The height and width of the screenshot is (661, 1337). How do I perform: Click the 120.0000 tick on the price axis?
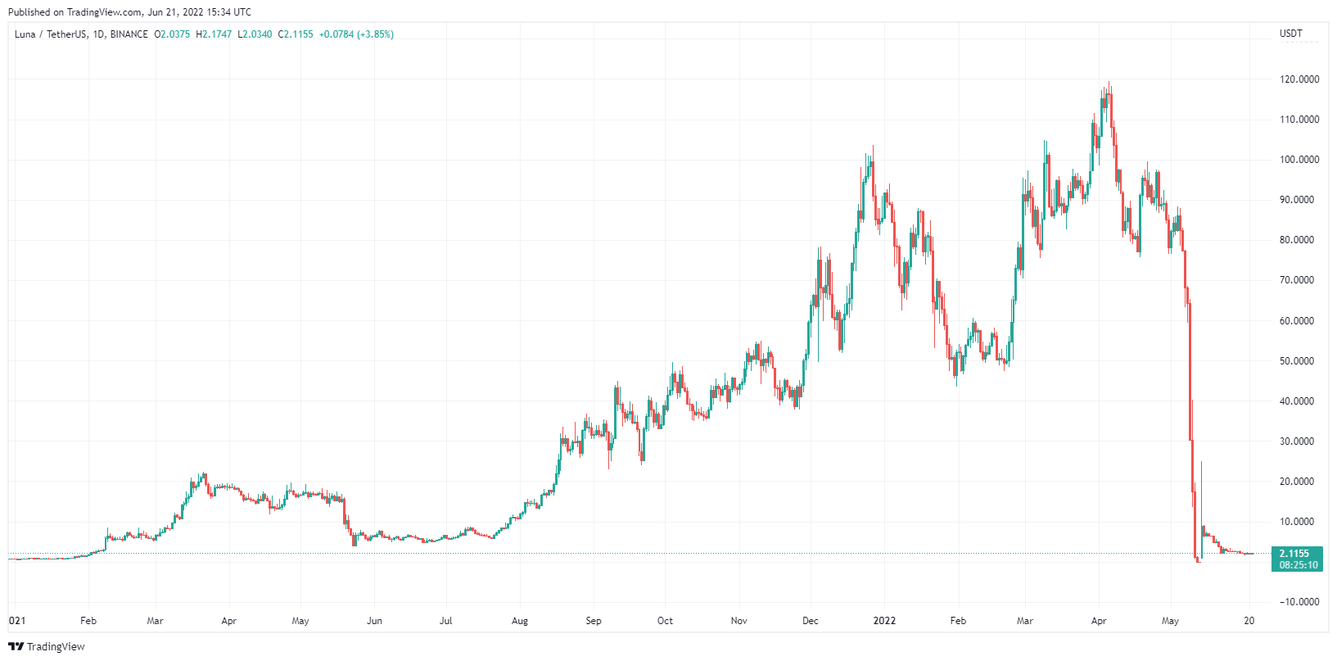click(1299, 79)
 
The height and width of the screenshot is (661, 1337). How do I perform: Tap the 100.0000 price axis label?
click(1299, 160)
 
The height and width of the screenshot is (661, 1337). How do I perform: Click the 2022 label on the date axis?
click(884, 621)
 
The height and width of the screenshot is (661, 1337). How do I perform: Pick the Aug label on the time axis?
click(519, 621)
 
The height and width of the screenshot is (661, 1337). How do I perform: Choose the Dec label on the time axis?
click(810, 621)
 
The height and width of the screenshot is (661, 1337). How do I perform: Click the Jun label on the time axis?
click(374, 621)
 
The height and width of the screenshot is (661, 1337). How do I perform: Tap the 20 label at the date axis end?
click(1249, 621)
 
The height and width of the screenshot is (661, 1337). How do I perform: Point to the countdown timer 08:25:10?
click(1299, 565)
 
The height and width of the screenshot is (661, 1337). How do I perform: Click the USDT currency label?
click(1290, 34)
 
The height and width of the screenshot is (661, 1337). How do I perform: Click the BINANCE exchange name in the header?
click(129, 34)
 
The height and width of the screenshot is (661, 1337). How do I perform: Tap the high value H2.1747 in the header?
click(214, 34)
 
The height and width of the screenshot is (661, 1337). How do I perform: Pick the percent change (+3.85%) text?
click(375, 34)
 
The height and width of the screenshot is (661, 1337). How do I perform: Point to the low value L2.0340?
click(255, 34)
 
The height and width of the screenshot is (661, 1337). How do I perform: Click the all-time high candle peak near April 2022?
click(1109, 83)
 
